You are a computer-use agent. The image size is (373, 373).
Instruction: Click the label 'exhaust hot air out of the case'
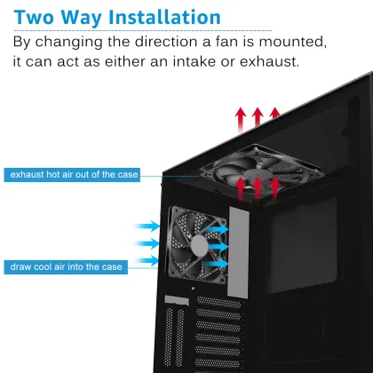pyautogui.click(x=74, y=175)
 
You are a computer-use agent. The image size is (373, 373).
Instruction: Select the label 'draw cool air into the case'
pyautogui.click(x=67, y=266)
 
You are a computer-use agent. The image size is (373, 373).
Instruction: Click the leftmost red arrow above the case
pyautogui.click(x=238, y=117)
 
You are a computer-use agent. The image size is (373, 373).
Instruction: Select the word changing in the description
pyautogui.click(x=73, y=42)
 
